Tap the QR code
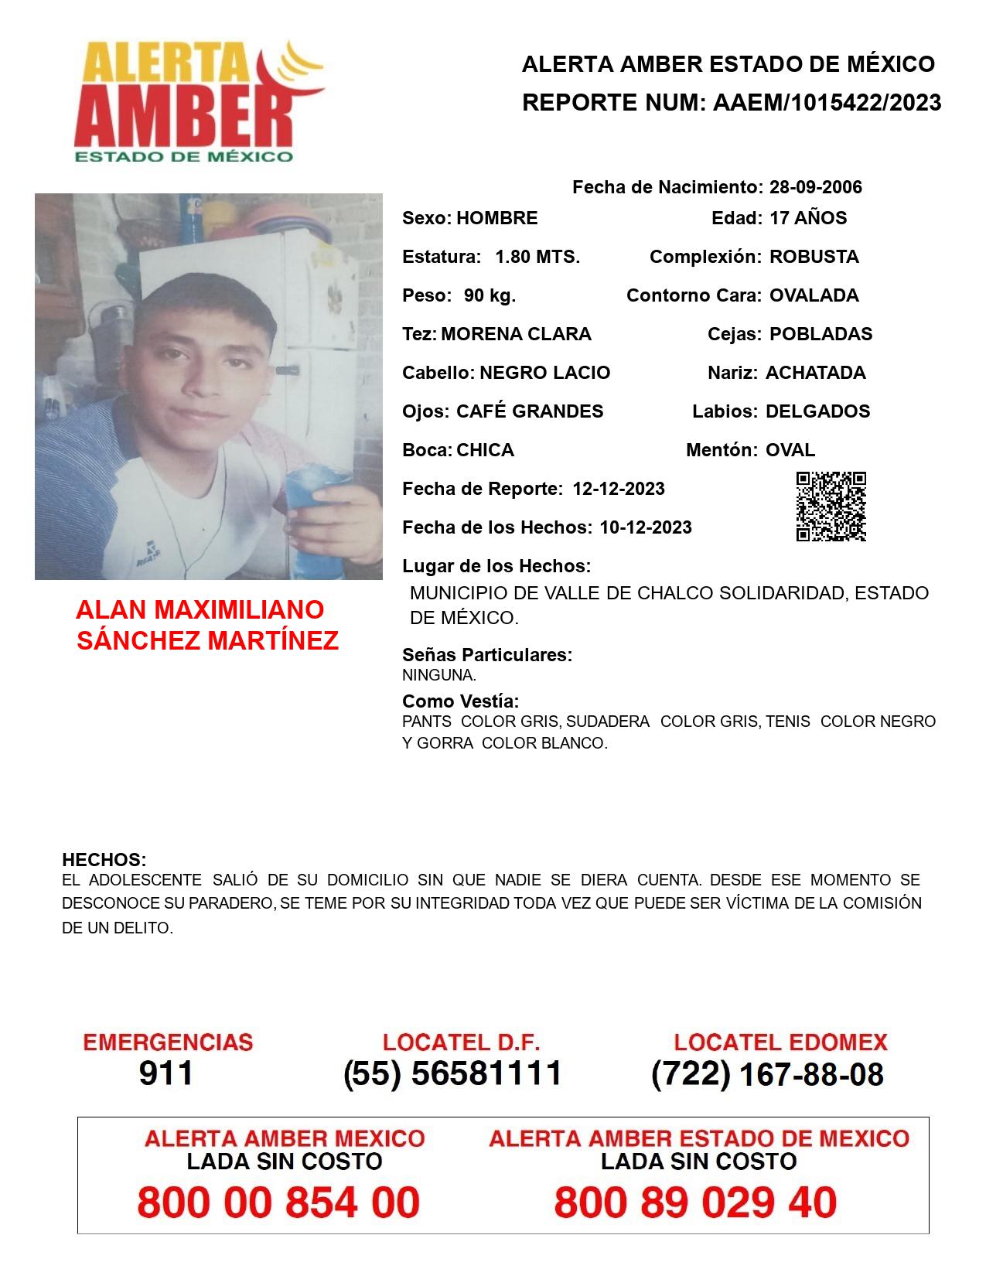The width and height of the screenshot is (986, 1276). [831, 507]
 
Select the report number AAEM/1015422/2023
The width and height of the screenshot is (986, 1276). [827, 103]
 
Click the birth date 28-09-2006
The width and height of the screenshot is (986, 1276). [815, 187]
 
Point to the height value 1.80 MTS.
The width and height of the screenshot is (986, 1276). [537, 257]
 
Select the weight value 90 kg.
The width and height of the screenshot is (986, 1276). [490, 295]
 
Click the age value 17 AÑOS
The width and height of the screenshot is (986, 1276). [808, 218]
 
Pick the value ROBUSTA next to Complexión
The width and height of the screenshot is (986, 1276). [814, 257]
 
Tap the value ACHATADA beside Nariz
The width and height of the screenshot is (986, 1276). [815, 373]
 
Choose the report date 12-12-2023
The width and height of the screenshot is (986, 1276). [618, 489]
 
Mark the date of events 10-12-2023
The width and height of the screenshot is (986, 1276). [645, 527]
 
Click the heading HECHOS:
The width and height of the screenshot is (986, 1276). [104, 860]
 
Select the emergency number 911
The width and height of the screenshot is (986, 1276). [166, 1073]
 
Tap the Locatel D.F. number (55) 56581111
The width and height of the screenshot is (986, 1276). [452, 1073]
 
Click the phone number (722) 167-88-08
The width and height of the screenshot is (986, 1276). [767, 1074]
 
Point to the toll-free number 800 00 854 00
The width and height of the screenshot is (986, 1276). [278, 1203]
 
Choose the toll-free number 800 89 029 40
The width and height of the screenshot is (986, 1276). [695, 1203]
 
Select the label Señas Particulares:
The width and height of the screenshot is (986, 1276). [486, 655]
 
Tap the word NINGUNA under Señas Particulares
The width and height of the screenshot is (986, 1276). [438, 675]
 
